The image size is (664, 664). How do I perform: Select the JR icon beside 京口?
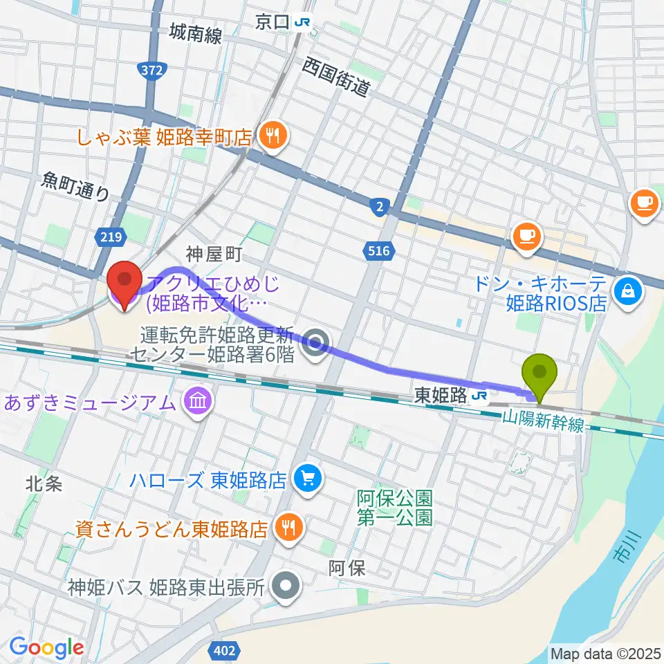coord(302,23)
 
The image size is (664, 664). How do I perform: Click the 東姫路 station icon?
coord(479,396)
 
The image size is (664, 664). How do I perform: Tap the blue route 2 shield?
coord(380,207)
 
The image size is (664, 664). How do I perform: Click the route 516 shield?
coord(379,252)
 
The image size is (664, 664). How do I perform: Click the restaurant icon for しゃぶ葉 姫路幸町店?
coord(270,136)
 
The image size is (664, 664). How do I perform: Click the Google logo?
coord(46,648)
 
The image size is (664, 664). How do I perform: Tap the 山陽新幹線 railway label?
coord(543,421)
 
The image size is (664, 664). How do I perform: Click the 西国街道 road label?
coord(336,76)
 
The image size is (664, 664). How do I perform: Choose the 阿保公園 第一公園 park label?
coord(395,507)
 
